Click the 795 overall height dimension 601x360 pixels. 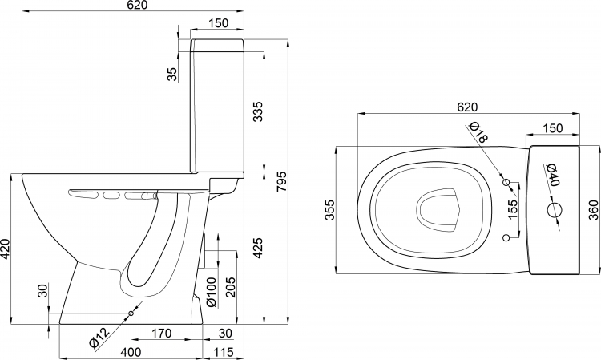point(281,181)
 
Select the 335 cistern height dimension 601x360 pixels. point(258,111)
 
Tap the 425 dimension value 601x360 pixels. point(258,248)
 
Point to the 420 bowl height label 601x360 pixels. point(5,249)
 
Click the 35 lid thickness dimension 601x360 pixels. point(172,74)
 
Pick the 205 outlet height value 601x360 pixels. point(230,287)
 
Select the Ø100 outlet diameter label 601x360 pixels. point(212,292)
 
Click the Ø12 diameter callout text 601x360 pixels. point(99,338)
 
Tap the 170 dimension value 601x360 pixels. point(161,334)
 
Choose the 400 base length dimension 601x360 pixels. point(131,351)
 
